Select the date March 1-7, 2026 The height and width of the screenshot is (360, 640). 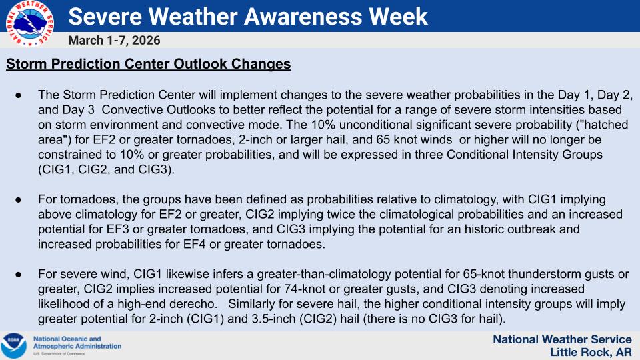coord(114,41)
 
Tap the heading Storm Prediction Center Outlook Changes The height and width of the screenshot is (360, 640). coord(148,65)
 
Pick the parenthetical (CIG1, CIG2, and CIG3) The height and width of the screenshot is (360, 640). coord(102,169)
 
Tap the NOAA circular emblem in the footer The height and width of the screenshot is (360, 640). coord(14,345)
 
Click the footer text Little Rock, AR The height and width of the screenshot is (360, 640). coord(591,352)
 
